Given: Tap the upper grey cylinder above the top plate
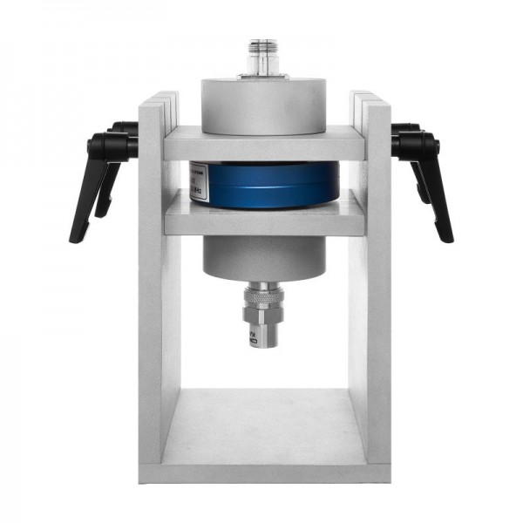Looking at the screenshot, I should (x=263, y=104).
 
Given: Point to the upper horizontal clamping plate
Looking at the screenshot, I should (x=263, y=144).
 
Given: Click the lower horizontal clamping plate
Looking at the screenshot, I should (x=263, y=219).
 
